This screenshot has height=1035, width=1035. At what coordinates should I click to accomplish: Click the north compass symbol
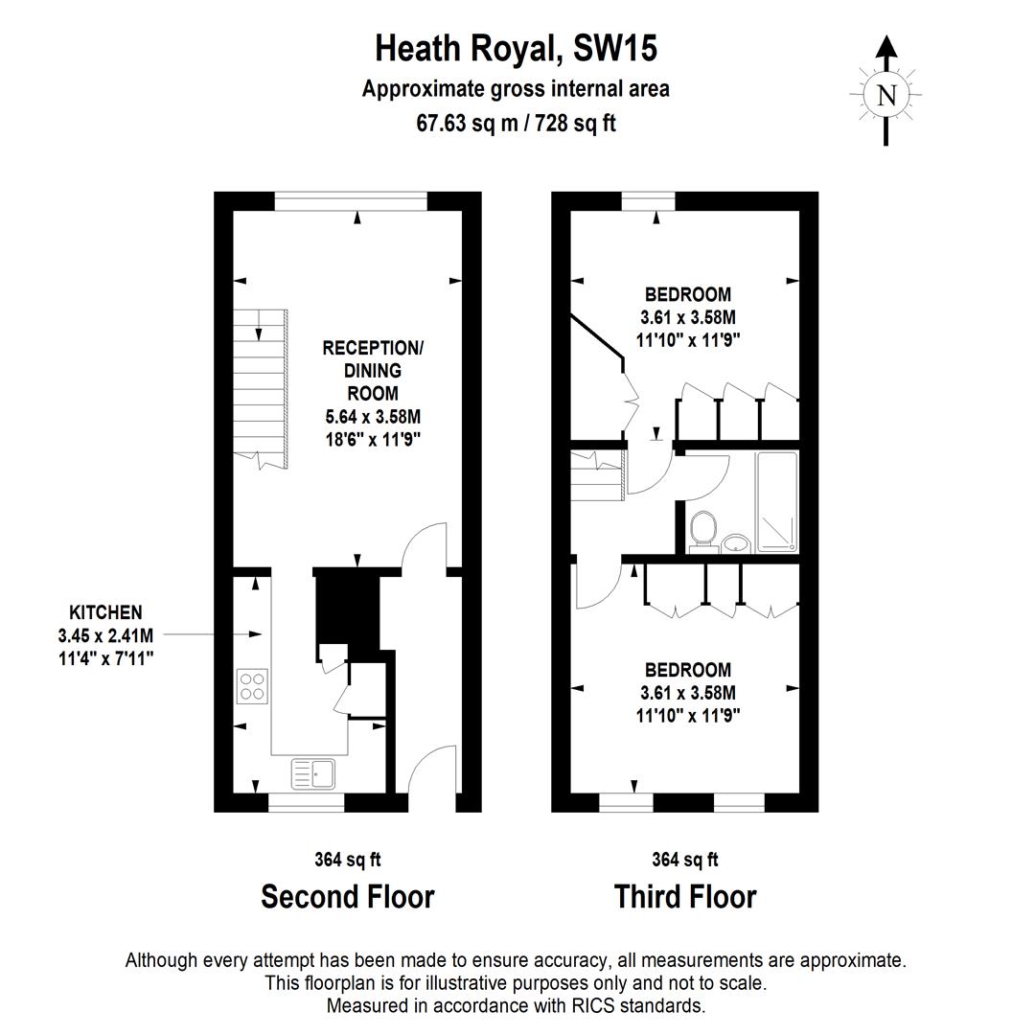[886, 94]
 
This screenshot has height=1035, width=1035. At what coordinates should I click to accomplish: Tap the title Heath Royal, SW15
[516, 48]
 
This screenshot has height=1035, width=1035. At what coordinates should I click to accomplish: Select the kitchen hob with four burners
[253, 686]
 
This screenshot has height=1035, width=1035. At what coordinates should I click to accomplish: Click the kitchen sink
[312, 772]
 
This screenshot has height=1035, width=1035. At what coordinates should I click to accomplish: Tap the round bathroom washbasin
[736, 544]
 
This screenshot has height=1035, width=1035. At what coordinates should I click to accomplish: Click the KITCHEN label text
[105, 612]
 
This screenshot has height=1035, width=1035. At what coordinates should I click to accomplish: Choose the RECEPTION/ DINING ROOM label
[373, 370]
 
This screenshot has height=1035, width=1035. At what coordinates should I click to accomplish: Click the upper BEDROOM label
[687, 294]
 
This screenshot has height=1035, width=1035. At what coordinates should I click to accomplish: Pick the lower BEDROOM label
[687, 670]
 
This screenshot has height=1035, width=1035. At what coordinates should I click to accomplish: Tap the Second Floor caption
[348, 897]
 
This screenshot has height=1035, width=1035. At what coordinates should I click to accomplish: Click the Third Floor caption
[685, 897]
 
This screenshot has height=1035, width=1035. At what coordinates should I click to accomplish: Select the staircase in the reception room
[262, 388]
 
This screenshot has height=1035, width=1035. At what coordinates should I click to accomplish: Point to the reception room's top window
[350, 199]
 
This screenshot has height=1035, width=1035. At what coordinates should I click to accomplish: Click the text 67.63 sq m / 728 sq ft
[516, 123]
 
